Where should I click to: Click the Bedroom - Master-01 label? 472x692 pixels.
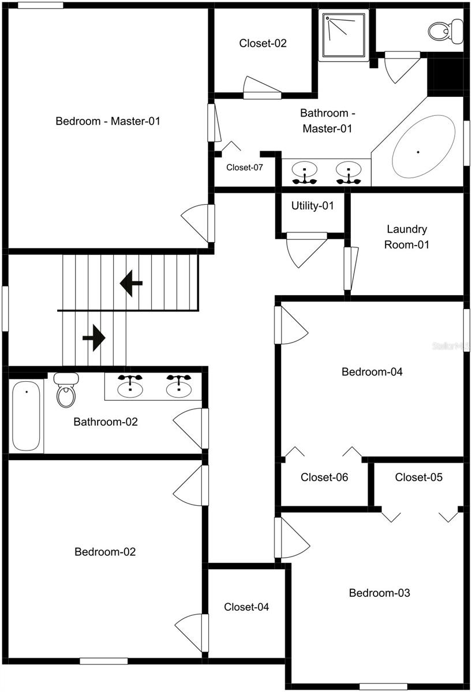(x=107, y=121)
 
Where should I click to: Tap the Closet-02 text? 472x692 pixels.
(x=263, y=43)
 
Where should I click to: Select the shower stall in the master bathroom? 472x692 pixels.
(x=344, y=35)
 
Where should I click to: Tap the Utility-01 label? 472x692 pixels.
(x=312, y=206)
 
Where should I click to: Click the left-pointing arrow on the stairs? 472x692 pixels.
(x=132, y=284)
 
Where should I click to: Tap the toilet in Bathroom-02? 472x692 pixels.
(x=66, y=390)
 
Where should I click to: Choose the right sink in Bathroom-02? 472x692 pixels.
(x=179, y=386)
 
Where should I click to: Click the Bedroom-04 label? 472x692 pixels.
(x=372, y=372)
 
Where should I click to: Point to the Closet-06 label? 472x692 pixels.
(x=324, y=477)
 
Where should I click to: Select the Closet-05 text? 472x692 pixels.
(x=418, y=477)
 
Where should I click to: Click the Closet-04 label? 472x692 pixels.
(x=246, y=607)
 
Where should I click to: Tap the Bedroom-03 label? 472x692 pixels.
(x=379, y=593)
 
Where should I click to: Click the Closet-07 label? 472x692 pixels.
(x=244, y=168)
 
